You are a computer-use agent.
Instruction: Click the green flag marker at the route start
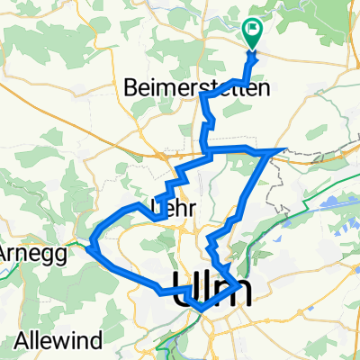(253, 33)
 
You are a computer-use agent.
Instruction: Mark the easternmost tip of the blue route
(286, 148)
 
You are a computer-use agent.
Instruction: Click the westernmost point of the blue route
(91, 241)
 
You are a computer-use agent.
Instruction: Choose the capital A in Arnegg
(5, 253)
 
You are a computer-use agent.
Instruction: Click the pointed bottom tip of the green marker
(253, 47)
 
